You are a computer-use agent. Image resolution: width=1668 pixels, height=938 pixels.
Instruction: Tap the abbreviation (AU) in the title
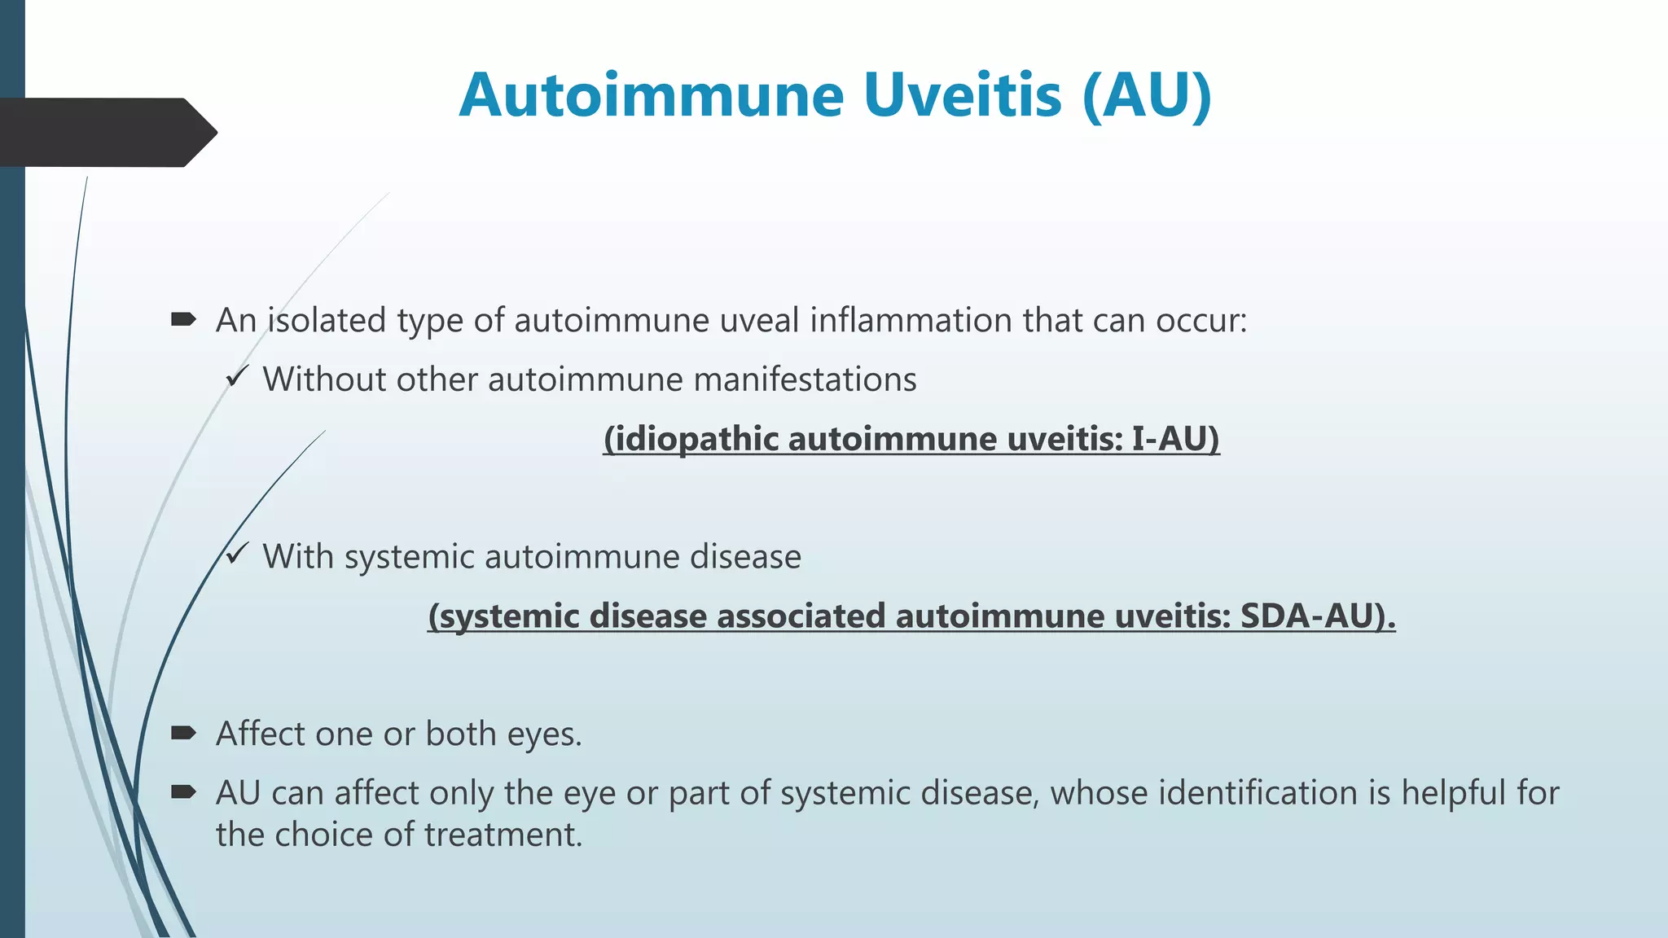[1148, 96]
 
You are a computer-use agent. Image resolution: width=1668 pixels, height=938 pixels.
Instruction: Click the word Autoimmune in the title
[652, 96]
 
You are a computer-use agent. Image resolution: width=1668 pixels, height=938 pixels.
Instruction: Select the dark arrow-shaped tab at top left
[106, 132]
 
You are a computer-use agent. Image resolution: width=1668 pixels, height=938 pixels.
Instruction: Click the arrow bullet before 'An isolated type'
[183, 319]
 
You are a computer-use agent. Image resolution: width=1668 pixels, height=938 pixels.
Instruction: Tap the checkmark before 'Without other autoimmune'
[237, 377]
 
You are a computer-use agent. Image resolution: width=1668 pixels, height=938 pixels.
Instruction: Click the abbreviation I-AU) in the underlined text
[1175, 439]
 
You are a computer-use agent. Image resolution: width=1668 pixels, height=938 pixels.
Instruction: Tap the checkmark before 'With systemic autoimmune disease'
[237, 554]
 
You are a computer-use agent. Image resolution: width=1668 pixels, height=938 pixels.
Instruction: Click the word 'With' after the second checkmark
[298, 557]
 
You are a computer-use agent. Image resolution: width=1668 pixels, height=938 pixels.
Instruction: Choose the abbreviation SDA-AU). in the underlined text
[1317, 616]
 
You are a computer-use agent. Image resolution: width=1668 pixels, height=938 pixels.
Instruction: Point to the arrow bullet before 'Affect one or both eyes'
[183, 733]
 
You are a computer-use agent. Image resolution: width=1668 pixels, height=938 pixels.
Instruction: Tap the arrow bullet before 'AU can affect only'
[183, 791]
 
